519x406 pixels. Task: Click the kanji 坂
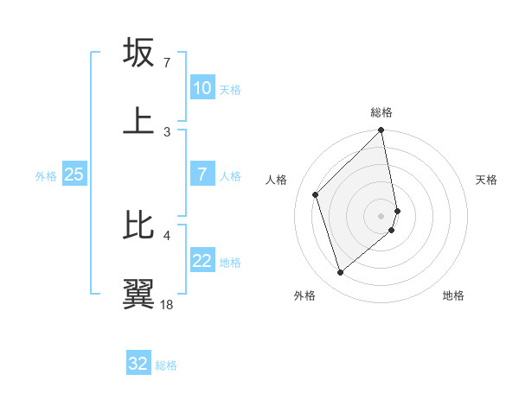(x=138, y=53)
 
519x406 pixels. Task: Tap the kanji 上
(x=138, y=120)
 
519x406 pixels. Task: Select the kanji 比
(x=138, y=225)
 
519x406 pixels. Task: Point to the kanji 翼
(x=138, y=293)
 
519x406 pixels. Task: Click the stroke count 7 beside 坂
(x=166, y=63)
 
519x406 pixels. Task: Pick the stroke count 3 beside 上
(x=166, y=131)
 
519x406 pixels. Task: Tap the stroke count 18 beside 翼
(x=167, y=304)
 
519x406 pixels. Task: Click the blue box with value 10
(x=202, y=88)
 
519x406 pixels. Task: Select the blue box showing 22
(x=202, y=261)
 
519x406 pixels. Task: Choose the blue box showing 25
(x=74, y=174)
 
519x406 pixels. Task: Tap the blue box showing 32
(x=138, y=364)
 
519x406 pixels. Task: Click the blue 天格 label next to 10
(x=230, y=90)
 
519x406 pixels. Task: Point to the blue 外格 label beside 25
(x=46, y=176)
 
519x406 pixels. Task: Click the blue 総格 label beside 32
(x=166, y=365)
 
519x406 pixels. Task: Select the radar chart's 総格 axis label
(x=381, y=112)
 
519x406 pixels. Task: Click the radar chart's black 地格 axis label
(x=453, y=295)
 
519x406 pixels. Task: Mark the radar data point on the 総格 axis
(x=381, y=131)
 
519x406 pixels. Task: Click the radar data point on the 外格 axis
(x=341, y=273)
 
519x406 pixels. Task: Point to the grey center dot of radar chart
(x=381, y=215)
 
